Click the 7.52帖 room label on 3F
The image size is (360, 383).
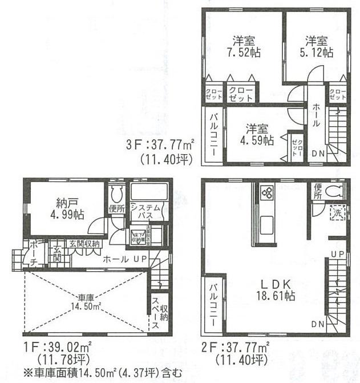243,47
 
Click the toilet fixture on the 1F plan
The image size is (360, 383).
118,193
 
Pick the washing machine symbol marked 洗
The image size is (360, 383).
338,213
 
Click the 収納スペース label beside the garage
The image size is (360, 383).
159,313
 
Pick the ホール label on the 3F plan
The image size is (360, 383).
315,116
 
